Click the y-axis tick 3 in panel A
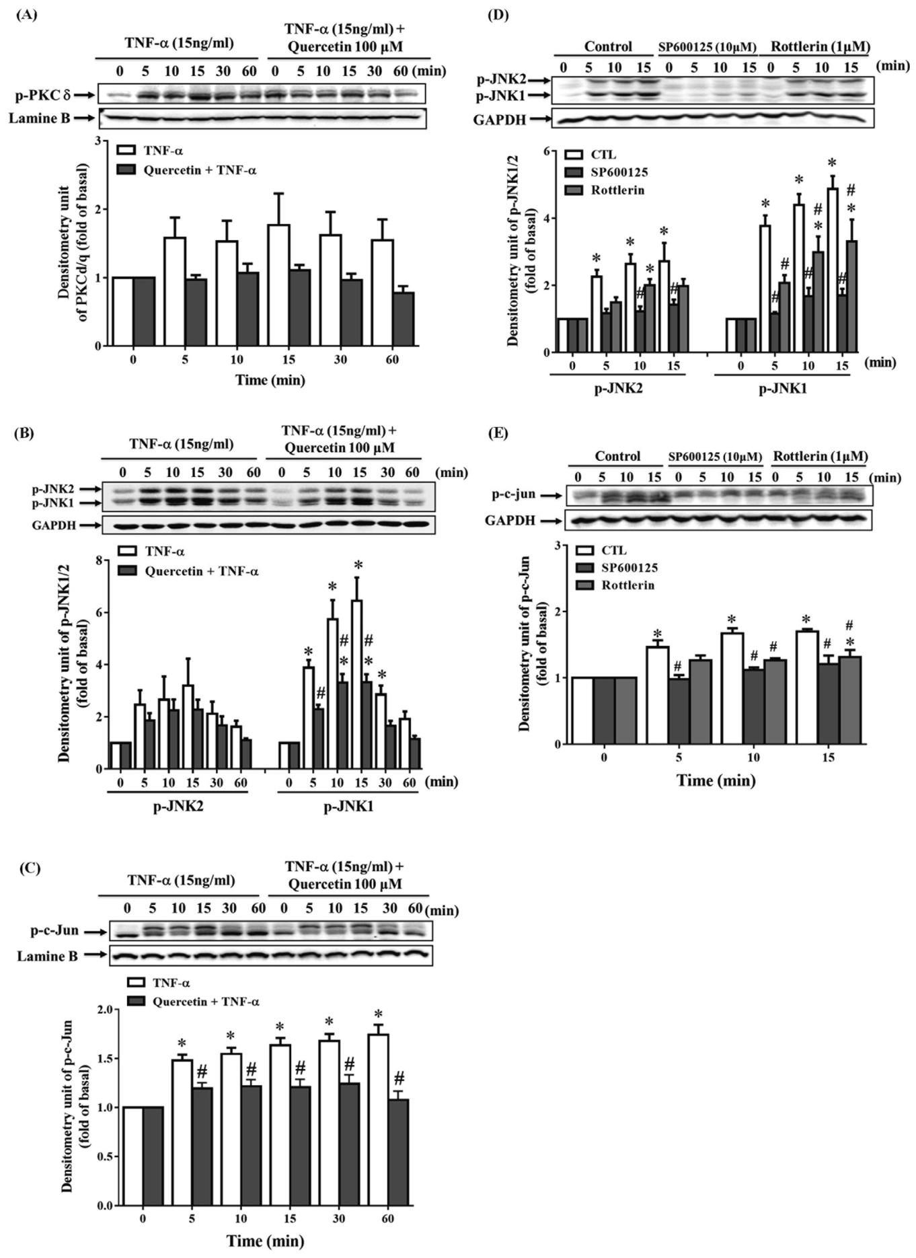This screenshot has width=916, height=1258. [x=98, y=141]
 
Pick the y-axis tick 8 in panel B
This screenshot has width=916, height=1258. [x=98, y=560]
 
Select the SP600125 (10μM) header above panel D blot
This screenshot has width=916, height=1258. [x=706, y=47]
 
